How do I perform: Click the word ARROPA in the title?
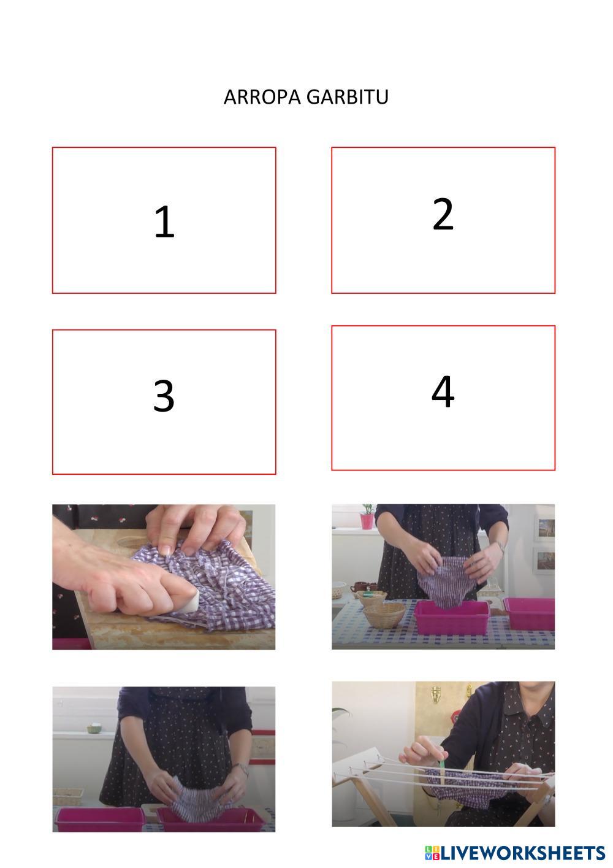pyautogui.click(x=262, y=97)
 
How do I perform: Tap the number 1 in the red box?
pyautogui.click(x=164, y=221)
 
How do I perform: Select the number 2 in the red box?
pyautogui.click(x=443, y=214)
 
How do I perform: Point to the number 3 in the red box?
pyautogui.click(x=164, y=396)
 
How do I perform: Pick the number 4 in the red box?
pyautogui.click(x=443, y=391)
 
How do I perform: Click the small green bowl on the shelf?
pyautogui.click(x=94, y=729)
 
